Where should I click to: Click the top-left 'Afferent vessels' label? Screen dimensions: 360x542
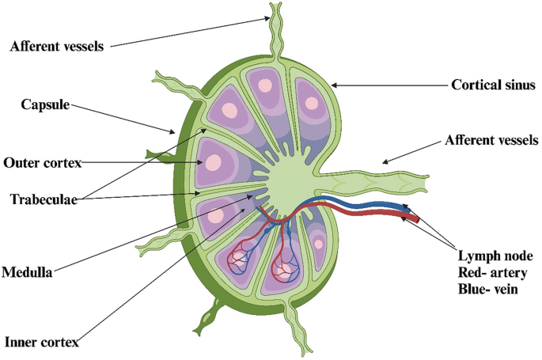[x=57, y=45]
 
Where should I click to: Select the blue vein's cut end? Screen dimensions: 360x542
[x=412, y=209]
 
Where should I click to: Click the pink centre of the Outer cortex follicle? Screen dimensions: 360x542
[x=213, y=162]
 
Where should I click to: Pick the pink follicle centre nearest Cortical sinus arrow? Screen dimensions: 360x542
[x=311, y=102]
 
